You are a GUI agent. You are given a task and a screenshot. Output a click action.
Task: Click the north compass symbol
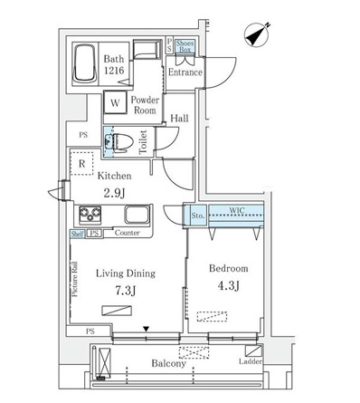256,35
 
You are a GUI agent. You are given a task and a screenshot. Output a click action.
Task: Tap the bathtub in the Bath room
85,63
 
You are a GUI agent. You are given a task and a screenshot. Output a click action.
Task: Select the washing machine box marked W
115,102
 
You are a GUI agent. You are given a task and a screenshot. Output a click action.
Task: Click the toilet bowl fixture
123,142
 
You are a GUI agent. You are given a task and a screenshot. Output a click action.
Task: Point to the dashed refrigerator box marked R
81,163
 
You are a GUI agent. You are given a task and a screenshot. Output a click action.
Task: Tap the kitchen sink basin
137,215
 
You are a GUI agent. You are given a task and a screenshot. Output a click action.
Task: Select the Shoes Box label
185,46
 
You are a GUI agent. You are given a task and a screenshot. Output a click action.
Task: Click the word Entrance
185,72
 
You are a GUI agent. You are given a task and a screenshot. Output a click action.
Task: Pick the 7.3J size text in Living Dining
125,291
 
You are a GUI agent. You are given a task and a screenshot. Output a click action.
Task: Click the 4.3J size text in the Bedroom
228,285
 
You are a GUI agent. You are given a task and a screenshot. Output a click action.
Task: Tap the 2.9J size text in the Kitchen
114,193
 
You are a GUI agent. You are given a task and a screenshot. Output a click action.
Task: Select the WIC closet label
237,210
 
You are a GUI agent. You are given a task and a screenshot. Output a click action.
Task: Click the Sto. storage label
198,216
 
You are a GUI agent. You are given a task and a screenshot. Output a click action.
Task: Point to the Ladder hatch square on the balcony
253,351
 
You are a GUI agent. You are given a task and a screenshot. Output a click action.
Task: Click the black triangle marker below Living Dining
147,329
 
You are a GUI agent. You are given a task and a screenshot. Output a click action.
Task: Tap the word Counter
128,233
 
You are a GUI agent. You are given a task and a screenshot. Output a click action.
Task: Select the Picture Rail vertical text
75,279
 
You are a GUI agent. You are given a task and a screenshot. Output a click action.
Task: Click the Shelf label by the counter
78,234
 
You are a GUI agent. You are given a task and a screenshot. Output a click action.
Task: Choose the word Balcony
168,363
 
